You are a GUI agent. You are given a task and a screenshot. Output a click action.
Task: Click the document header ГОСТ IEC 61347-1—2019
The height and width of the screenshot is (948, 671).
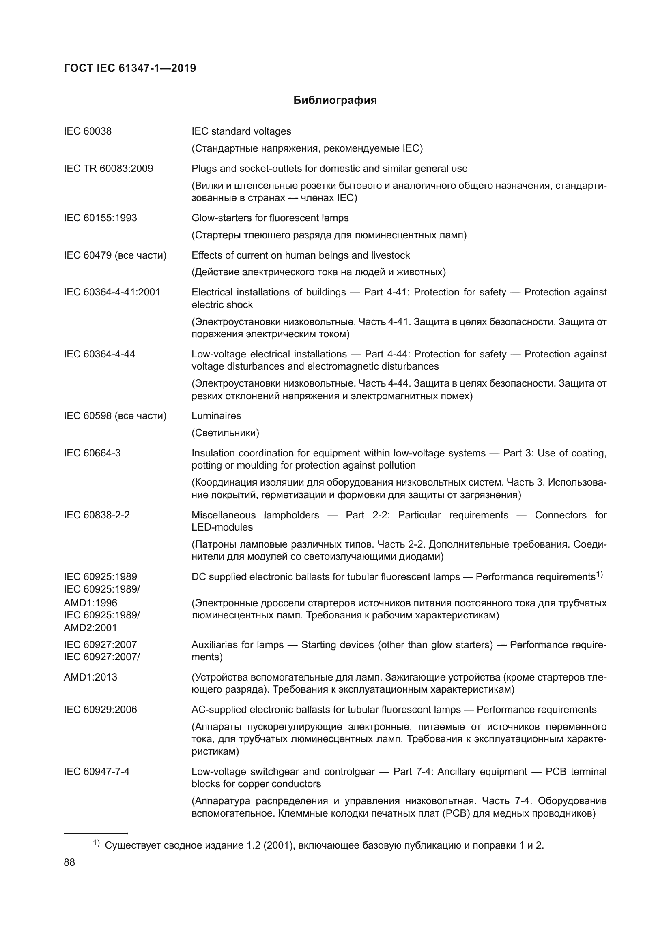[130, 68]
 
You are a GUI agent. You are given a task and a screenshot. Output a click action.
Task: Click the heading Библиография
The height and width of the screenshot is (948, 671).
[335, 101]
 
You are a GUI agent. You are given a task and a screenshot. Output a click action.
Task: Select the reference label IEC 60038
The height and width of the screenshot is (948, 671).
[88, 131]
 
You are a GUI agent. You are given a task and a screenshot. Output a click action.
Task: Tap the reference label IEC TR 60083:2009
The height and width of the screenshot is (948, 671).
[108, 169]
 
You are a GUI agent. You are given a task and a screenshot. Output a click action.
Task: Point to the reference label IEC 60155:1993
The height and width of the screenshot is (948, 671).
[100, 218]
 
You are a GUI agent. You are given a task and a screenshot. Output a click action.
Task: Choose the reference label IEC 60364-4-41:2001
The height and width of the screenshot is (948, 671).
[112, 292]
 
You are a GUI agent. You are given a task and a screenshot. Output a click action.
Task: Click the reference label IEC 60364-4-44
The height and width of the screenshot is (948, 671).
[99, 354]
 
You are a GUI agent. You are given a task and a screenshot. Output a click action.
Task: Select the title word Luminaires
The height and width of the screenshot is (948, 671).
[216, 416]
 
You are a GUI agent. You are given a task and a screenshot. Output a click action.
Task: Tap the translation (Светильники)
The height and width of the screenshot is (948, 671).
[225, 433]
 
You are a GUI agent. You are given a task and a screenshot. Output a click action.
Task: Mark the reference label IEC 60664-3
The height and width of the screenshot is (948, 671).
[92, 454]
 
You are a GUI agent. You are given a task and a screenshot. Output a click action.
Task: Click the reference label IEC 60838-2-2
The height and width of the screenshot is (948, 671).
[97, 515]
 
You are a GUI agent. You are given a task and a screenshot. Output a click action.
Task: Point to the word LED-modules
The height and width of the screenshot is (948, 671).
[222, 527]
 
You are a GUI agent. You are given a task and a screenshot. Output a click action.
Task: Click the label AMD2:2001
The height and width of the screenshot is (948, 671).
[90, 627]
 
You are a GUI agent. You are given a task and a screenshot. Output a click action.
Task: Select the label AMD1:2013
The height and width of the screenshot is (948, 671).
[90, 677]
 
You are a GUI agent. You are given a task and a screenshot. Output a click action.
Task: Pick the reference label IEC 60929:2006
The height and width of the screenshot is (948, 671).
[100, 710]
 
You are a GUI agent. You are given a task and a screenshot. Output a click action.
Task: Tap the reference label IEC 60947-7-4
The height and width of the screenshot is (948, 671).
[97, 772]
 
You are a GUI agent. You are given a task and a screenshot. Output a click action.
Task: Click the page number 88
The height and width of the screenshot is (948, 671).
[69, 862]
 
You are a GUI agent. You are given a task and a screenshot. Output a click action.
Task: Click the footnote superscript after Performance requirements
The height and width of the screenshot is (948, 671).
[600, 574]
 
